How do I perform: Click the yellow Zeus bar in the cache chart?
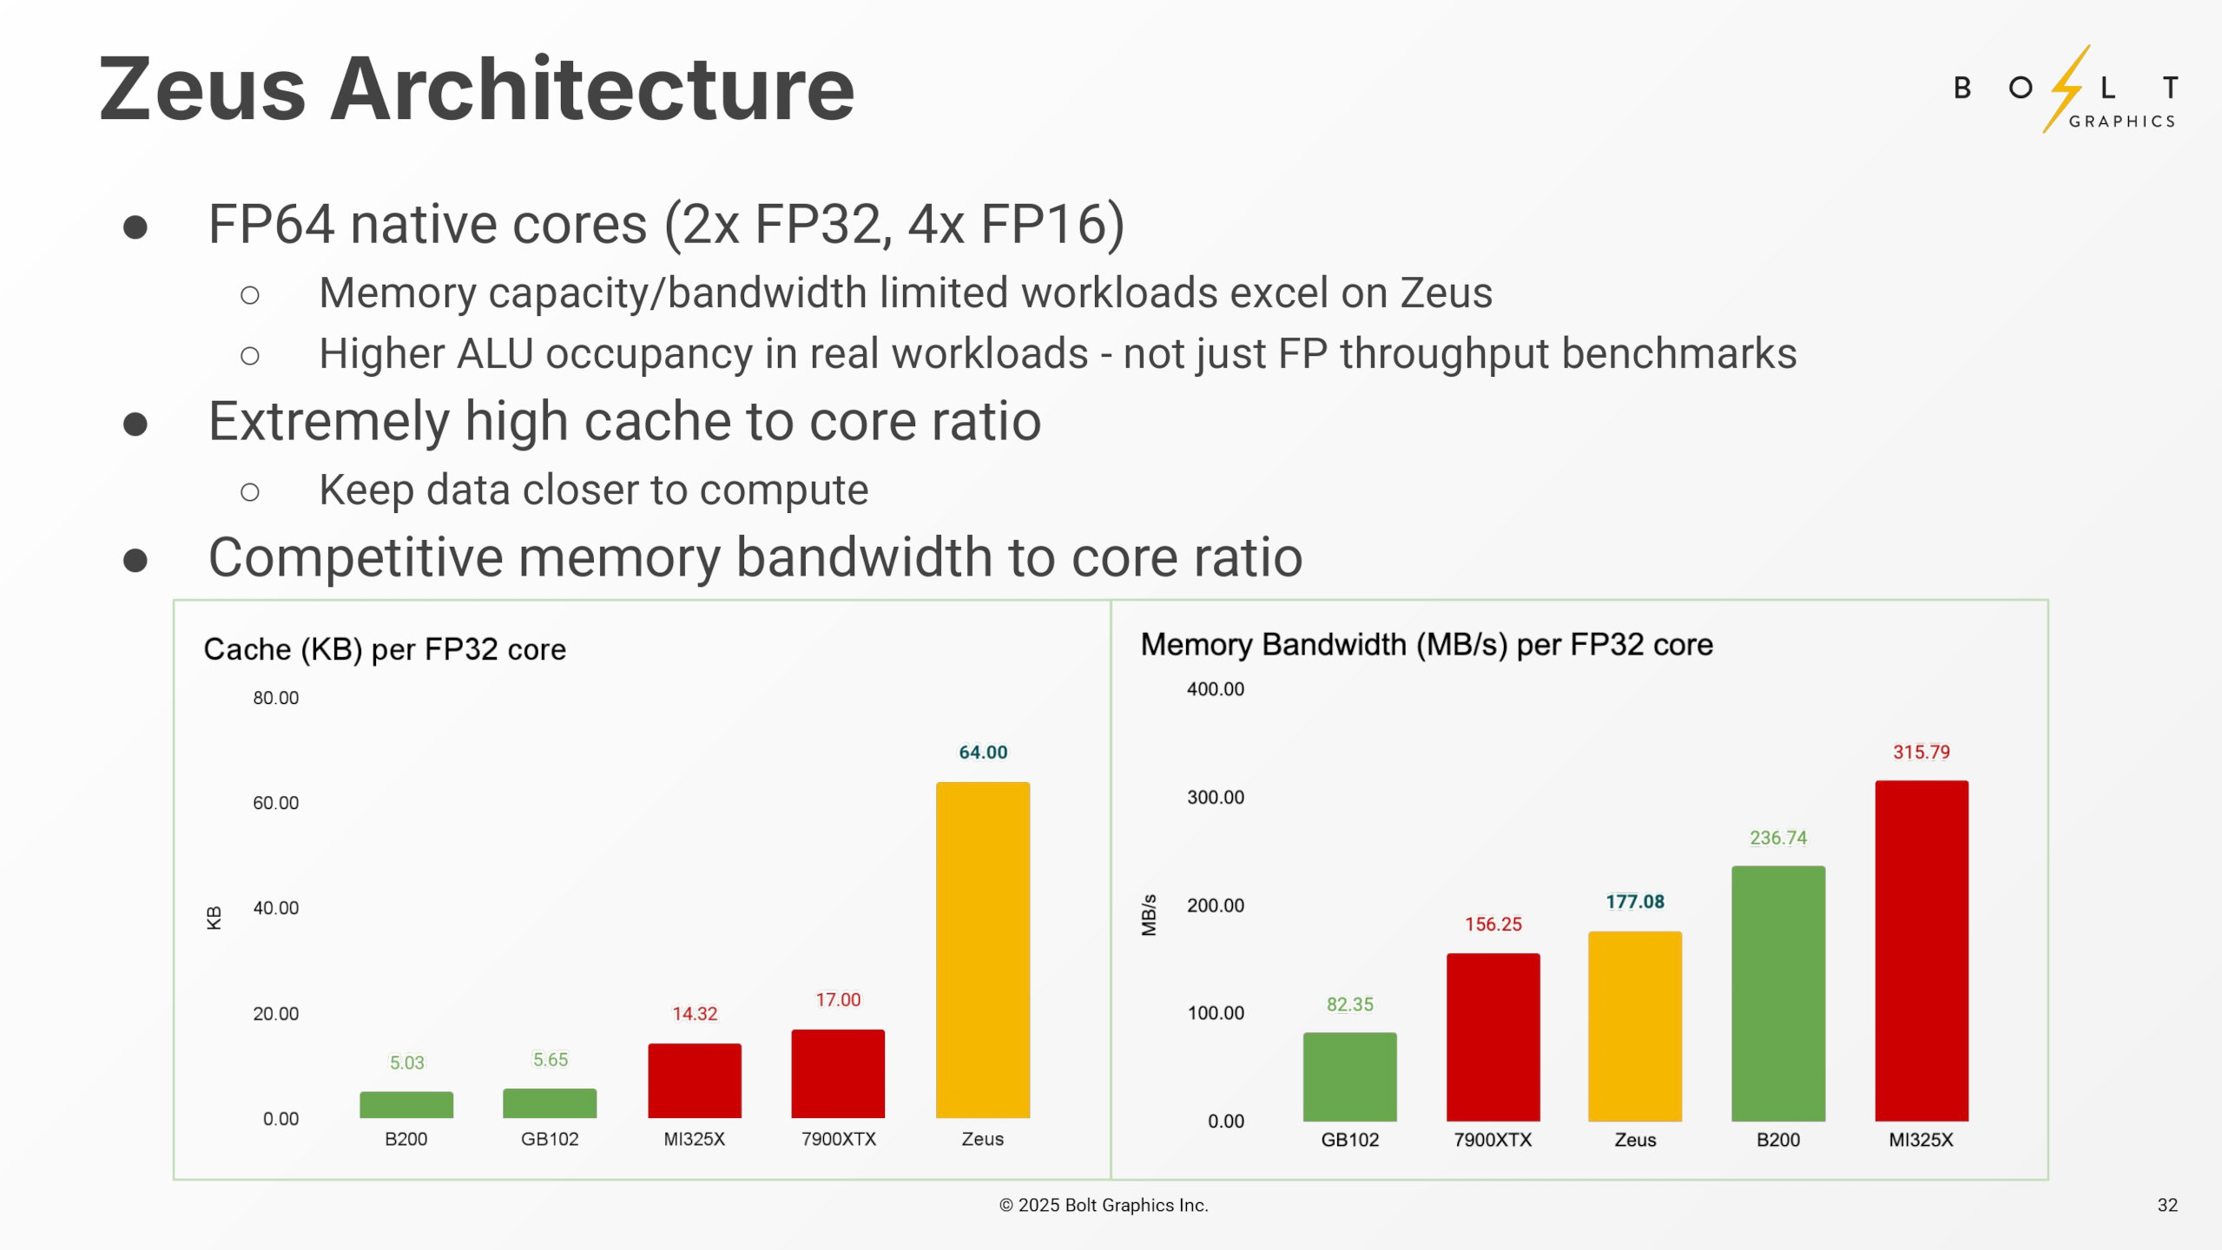tap(982, 950)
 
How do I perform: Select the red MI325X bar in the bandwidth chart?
tap(1921, 951)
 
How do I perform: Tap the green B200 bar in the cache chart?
tap(406, 1104)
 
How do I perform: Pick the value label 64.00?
tap(982, 752)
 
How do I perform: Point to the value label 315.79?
tap(1921, 752)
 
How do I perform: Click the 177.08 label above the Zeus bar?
tap(1634, 901)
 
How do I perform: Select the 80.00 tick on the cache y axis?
tap(275, 698)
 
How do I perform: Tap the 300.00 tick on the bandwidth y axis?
tap(1215, 797)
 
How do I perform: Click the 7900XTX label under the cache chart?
tap(838, 1139)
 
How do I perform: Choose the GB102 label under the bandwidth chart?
tap(1349, 1140)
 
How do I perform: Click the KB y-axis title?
tap(214, 918)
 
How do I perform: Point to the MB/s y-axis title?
tap(1149, 915)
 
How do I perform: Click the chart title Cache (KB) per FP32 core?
tap(385, 649)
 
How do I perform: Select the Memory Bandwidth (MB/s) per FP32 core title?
tap(1426, 644)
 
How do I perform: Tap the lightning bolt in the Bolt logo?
tap(2067, 89)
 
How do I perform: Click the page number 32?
tap(2166, 1205)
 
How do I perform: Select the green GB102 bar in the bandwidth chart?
tap(1349, 1076)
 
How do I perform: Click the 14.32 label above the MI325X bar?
tap(694, 1013)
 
